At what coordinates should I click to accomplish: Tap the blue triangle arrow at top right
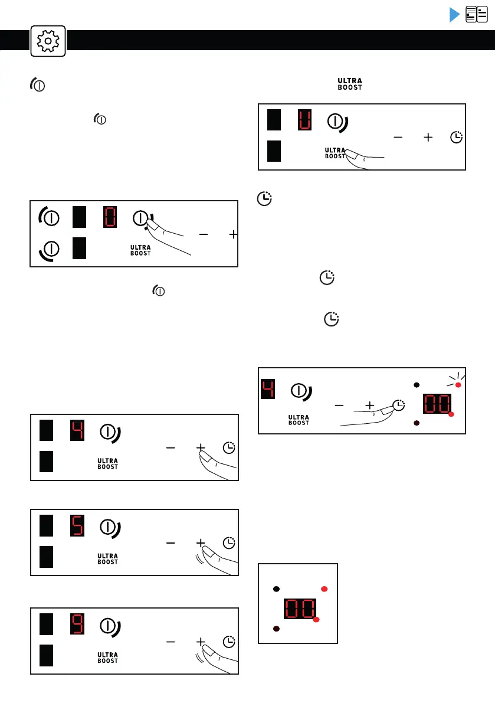pos(454,15)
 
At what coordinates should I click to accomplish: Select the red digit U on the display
pos(304,120)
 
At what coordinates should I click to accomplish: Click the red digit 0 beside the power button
pos(110,217)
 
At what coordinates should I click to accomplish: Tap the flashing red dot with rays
pos(458,385)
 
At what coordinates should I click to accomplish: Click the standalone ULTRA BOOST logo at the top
pos(350,84)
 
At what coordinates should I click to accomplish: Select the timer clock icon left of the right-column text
pos(265,200)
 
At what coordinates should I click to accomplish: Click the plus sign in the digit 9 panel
pos(201,641)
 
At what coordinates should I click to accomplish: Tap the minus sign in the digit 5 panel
pos(171,542)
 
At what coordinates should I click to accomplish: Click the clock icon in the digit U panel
pos(457,137)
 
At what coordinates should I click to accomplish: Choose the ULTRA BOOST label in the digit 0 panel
pos(140,250)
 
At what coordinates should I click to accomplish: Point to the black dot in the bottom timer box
pos(276,589)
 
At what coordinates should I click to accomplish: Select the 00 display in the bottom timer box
pos(300,609)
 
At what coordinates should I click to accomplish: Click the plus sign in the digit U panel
pos(428,137)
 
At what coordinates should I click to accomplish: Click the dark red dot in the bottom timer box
pos(276,629)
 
